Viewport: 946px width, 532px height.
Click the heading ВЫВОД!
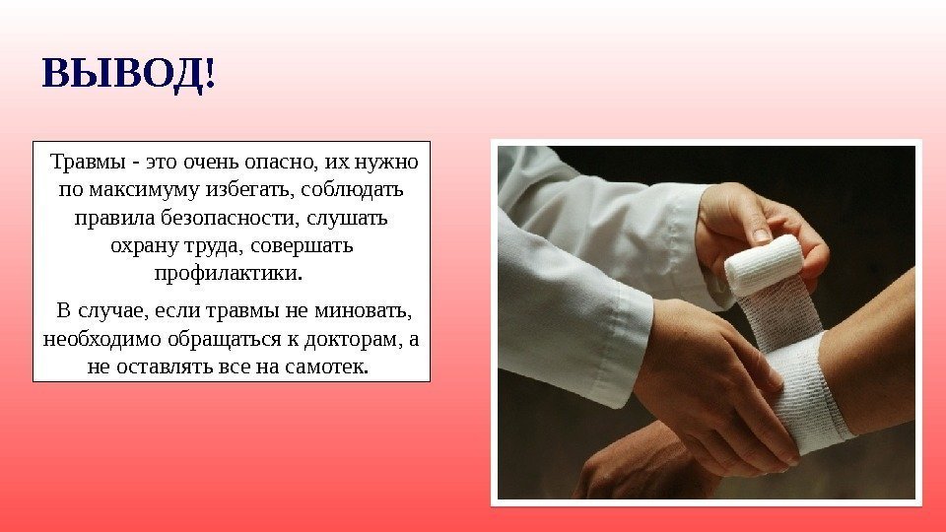click(x=128, y=75)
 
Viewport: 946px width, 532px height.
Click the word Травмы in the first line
click(x=88, y=163)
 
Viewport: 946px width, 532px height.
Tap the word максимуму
click(x=144, y=190)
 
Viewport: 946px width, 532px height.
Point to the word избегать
click(x=250, y=190)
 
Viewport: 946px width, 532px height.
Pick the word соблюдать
click(x=352, y=189)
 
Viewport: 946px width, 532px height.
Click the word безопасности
click(x=230, y=218)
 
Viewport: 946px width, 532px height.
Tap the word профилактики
click(x=228, y=274)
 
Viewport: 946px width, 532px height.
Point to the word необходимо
click(x=102, y=339)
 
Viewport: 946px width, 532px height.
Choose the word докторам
click(x=353, y=339)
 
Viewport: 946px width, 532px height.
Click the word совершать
click(x=302, y=246)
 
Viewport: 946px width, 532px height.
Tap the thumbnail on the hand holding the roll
click(x=763, y=234)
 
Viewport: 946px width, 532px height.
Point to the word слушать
click(x=347, y=218)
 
